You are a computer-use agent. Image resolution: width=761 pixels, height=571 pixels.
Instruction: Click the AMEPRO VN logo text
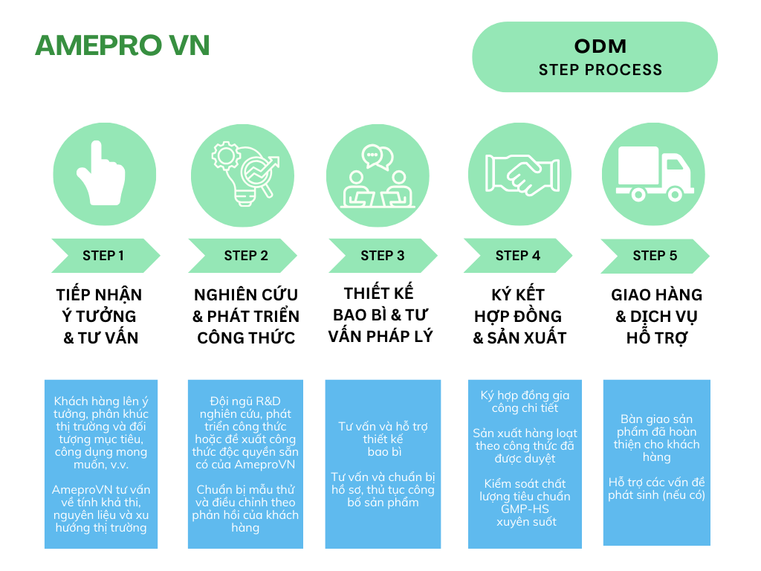point(123,45)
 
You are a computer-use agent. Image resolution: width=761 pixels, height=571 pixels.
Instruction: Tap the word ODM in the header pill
point(600,46)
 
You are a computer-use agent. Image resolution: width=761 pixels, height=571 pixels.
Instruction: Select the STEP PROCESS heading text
point(600,70)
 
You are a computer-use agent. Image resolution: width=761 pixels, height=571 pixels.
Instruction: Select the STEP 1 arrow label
point(103,256)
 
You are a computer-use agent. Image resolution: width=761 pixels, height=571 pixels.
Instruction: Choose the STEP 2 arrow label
point(245,256)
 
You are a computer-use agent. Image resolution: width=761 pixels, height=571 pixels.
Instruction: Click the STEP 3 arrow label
point(382,256)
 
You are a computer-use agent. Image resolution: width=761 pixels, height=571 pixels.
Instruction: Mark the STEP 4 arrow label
point(517,256)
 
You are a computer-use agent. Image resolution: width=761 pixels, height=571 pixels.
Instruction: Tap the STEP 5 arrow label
point(655,256)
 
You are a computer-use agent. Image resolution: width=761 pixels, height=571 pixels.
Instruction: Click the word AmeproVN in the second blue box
point(265,465)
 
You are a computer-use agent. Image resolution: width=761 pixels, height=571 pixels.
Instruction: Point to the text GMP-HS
point(524,509)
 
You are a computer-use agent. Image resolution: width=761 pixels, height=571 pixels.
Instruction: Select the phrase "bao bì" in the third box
point(383,451)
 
